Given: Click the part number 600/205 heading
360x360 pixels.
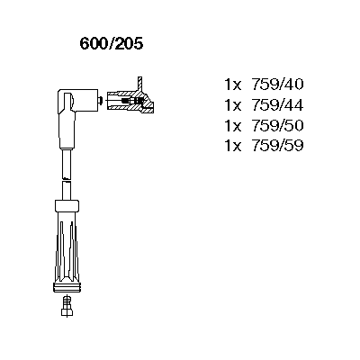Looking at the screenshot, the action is [x=112, y=44].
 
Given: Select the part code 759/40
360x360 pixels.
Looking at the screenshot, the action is [x=277, y=85].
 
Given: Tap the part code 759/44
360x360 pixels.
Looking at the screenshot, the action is [x=277, y=105].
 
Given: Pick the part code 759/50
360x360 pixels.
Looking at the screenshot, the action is [x=277, y=125].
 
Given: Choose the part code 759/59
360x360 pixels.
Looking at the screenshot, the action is [x=277, y=146].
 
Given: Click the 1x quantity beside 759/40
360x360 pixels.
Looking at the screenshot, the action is [x=233, y=85].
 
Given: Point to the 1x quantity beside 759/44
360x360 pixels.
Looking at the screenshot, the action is [x=233, y=105].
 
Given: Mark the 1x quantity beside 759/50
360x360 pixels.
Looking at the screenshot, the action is [x=233, y=126].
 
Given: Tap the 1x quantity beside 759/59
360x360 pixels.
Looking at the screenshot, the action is [x=233, y=146].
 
